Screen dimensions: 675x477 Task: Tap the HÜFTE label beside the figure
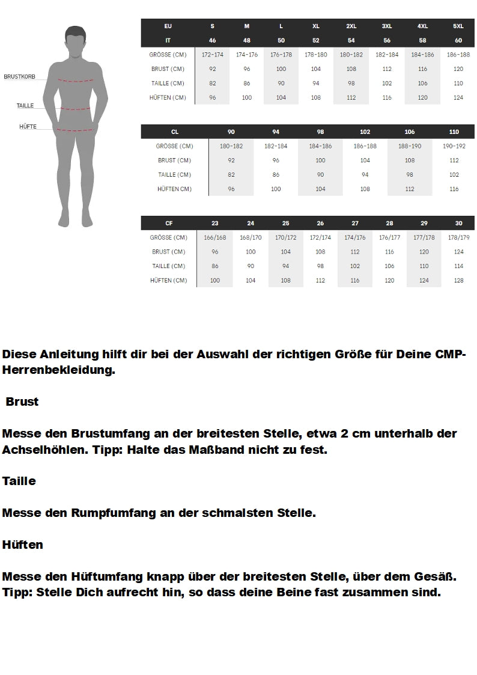[28, 127]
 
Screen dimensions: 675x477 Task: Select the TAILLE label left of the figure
[25, 106]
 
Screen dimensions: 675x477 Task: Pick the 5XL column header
[458, 26]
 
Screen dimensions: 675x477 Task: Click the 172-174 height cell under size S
[213, 55]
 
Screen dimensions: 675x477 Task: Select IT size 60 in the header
[458, 40]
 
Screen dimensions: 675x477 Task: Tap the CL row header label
[174, 132]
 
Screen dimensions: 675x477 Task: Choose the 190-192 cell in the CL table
[454, 146]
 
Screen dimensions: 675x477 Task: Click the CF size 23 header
[214, 223]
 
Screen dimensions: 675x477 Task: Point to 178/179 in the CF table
[458, 237]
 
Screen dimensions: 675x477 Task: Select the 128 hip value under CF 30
[458, 281]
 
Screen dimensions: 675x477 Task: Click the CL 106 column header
[409, 132]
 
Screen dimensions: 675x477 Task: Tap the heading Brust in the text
[22, 402]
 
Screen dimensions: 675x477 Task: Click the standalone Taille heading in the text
[19, 481]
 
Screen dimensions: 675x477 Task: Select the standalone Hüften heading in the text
[23, 545]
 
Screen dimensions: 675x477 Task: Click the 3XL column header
[387, 26]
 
